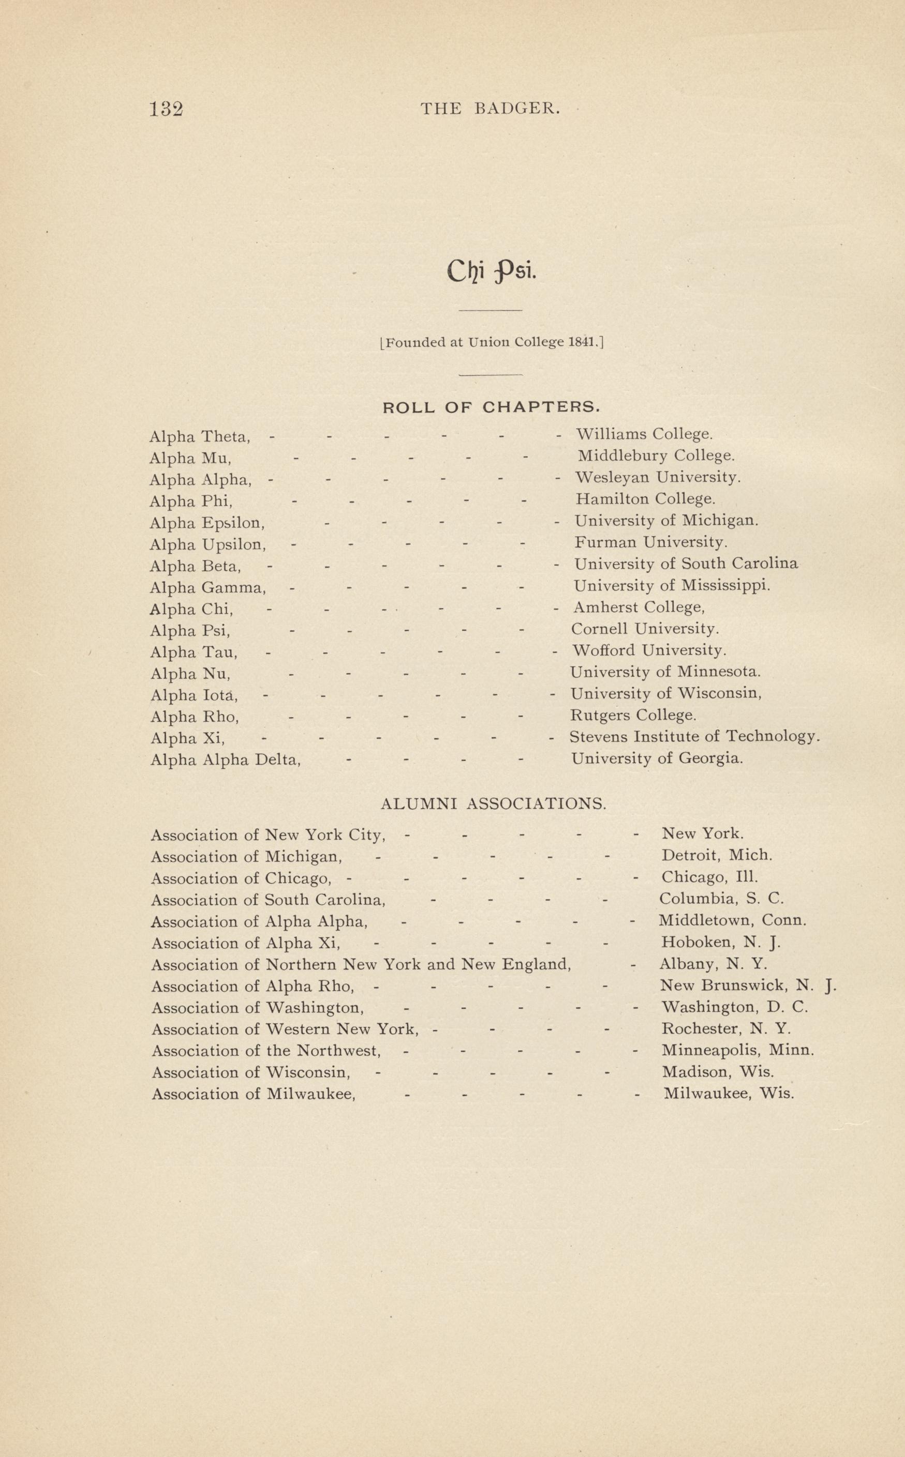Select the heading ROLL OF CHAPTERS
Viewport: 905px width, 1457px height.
coord(490,407)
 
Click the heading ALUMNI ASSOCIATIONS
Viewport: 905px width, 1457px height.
coord(493,805)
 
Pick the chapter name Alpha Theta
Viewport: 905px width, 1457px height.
coord(199,437)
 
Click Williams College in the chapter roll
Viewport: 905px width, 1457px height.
coord(644,434)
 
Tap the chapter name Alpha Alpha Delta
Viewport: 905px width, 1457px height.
coord(225,760)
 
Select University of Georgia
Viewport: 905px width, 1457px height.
coord(657,759)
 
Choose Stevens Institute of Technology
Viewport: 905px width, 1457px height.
coord(694,737)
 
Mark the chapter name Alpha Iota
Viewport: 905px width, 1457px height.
coord(194,695)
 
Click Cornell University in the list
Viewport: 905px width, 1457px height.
coord(645,629)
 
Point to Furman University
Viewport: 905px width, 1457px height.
coord(650,542)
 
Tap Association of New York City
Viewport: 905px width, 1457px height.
coord(268,835)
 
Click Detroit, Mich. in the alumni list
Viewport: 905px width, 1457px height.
coord(717,856)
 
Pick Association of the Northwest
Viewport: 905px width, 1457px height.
coord(266,1051)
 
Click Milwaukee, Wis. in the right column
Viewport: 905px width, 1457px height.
coord(729,1094)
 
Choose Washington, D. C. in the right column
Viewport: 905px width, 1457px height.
coord(734,1007)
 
